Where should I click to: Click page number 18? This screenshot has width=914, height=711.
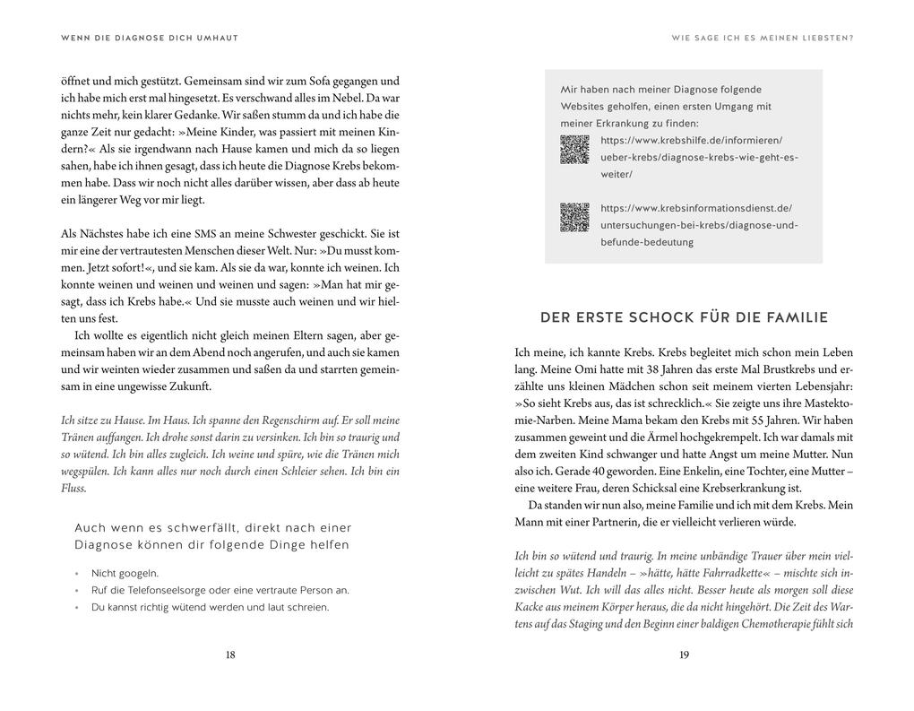(x=230, y=655)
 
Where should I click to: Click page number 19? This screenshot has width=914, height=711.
(x=684, y=655)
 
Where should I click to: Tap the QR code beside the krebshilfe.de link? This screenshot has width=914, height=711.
(x=574, y=149)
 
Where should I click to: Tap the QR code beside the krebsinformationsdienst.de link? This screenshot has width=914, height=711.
(x=574, y=217)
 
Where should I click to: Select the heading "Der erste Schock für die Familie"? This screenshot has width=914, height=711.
(x=684, y=317)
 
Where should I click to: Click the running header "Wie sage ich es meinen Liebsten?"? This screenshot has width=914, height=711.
(x=762, y=38)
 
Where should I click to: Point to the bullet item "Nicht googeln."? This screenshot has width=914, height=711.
(x=125, y=573)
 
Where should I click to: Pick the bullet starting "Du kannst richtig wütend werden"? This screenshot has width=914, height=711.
(x=210, y=607)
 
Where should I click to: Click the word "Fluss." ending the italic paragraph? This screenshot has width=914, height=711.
(x=73, y=489)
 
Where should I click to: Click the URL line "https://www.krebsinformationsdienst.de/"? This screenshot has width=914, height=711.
(x=696, y=208)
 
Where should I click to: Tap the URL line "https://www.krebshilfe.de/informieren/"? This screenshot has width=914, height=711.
(x=691, y=141)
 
